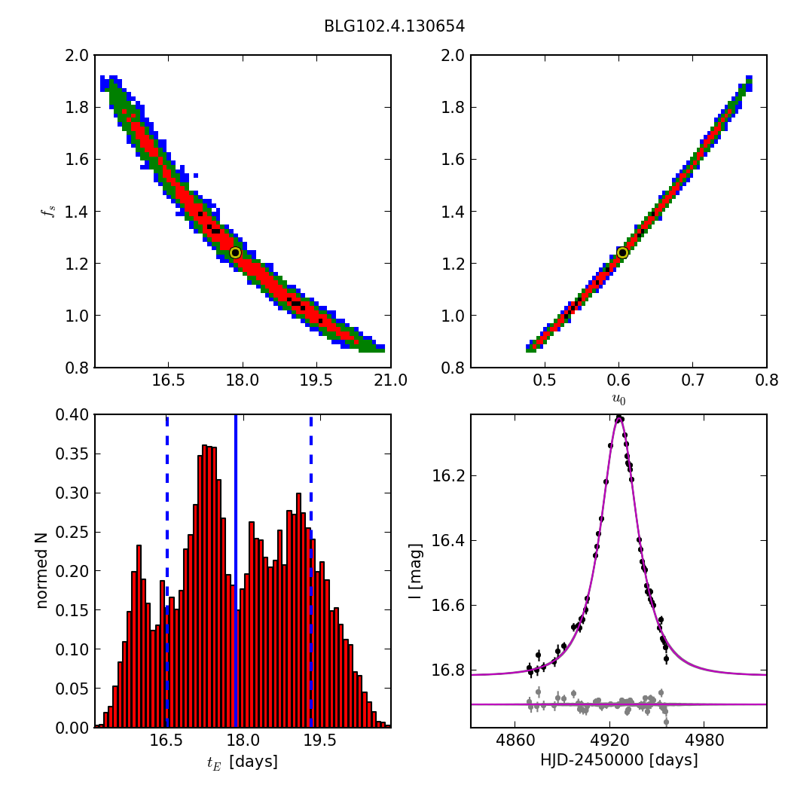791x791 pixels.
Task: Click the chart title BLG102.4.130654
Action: (394, 26)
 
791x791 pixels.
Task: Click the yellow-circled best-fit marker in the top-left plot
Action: (235, 252)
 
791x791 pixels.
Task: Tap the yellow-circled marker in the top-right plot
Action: (622, 252)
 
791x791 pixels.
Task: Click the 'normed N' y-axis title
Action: (42, 570)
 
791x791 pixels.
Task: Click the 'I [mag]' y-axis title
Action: (415, 570)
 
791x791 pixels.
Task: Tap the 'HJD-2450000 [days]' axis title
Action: (618, 760)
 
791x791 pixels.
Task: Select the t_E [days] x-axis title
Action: (243, 762)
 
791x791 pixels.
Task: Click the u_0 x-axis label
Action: (618, 399)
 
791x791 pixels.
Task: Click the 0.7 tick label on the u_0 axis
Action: (692, 381)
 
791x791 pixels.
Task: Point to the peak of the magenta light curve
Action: (618, 417)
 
